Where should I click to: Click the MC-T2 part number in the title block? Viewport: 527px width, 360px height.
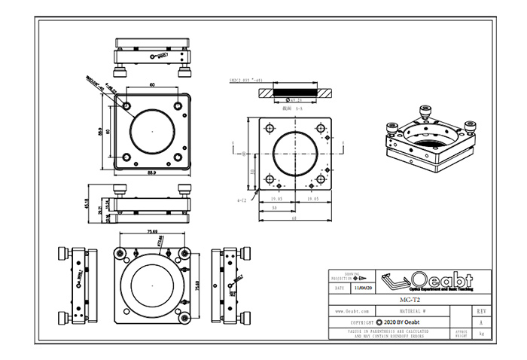tap(410, 299)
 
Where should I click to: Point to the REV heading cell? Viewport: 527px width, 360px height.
tap(481, 310)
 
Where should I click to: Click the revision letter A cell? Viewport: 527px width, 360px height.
tap(481, 320)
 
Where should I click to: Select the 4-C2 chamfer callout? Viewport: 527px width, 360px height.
tap(242, 200)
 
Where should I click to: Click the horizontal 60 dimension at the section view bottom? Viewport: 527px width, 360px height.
tap(294, 219)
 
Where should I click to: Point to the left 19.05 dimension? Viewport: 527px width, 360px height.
tap(276, 200)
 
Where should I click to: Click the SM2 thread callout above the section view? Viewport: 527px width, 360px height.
tap(246, 79)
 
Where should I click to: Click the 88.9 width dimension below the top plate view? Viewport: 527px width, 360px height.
tap(151, 173)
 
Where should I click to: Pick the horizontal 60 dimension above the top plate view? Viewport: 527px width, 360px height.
tap(151, 85)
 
